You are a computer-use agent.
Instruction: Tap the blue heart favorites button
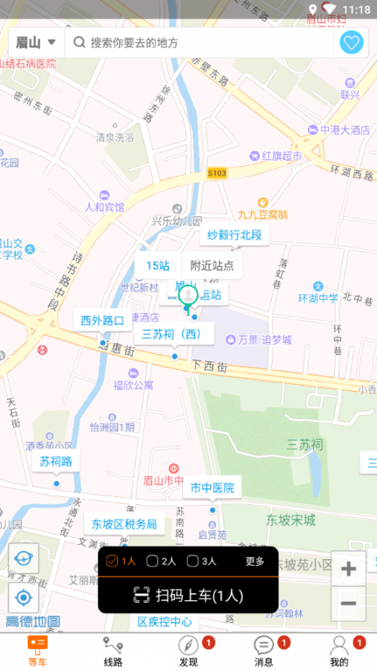click(351, 42)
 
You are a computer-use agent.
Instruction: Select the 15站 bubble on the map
click(158, 265)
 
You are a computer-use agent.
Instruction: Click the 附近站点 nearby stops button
click(212, 265)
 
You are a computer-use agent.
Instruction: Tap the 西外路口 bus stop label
click(103, 321)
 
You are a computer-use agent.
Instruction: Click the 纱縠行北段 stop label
click(234, 234)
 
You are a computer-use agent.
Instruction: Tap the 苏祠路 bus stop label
click(56, 461)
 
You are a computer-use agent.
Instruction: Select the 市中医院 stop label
click(212, 488)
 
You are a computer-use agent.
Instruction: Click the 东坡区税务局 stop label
click(123, 524)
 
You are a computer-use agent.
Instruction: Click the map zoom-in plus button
click(348, 569)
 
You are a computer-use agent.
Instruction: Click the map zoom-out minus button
click(348, 603)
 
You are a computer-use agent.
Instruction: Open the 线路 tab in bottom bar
click(113, 651)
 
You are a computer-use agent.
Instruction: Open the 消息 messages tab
click(264, 651)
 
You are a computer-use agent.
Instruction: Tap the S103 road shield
click(218, 172)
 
